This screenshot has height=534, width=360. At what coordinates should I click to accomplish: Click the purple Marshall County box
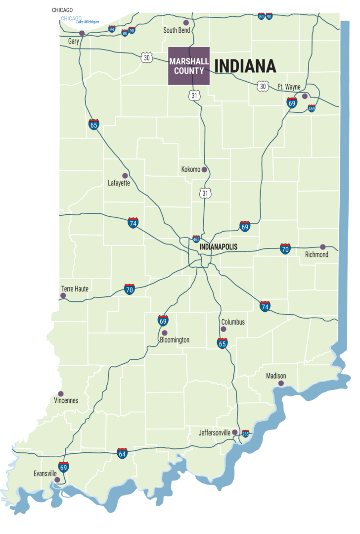[189, 66]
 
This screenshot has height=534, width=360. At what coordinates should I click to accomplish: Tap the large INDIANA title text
[245, 66]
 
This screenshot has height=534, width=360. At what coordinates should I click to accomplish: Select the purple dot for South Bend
[186, 23]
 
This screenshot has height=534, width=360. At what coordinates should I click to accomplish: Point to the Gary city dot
[82, 33]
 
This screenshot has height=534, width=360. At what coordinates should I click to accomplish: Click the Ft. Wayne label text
[289, 87]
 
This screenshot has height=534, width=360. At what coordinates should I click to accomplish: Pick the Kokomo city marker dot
[204, 169]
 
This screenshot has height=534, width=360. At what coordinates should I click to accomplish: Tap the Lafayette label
[119, 183]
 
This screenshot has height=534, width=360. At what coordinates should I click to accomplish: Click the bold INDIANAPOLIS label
[218, 246]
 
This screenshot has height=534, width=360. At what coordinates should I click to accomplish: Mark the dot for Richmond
[322, 247]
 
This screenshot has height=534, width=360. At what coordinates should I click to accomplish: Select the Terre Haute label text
[75, 289]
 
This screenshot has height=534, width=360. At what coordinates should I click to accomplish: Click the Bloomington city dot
[165, 333]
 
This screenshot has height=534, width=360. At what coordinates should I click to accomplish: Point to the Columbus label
[233, 322]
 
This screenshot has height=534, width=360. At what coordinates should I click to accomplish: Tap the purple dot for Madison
[281, 383]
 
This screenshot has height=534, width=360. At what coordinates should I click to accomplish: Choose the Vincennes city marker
[61, 393]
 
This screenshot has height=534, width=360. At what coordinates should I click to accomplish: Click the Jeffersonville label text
[215, 433]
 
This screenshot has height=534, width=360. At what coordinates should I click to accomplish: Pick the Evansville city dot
[57, 480]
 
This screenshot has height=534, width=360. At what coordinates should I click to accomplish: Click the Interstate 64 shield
[122, 453]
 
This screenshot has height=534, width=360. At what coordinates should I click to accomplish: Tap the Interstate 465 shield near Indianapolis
[196, 239]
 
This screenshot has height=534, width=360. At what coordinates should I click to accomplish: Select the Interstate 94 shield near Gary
[112, 29]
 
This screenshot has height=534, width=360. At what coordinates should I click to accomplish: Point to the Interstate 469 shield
[312, 108]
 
